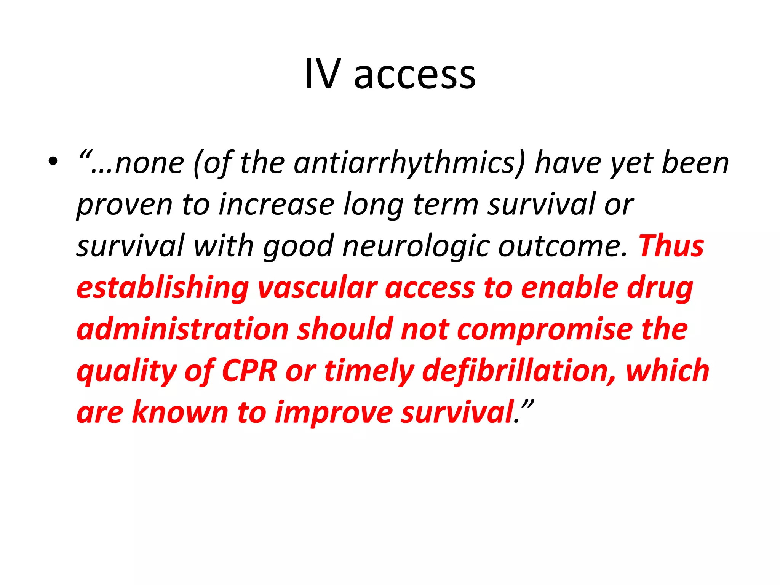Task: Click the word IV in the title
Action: [x=322, y=74]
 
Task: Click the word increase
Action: [x=277, y=205]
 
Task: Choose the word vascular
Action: [x=317, y=288]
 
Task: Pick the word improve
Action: [x=334, y=413]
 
